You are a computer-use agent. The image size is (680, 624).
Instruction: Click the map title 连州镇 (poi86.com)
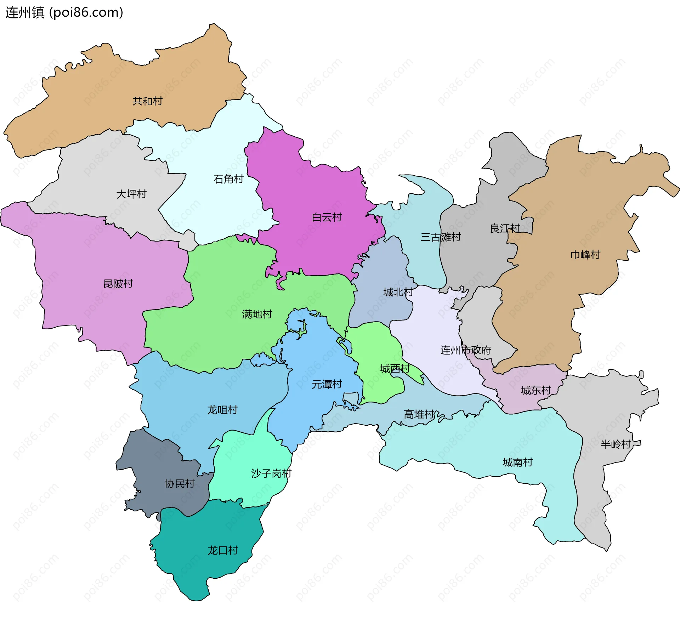pos(64,12)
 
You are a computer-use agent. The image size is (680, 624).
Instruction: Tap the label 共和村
pos(147,101)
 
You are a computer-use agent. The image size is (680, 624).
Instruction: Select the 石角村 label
pos(228,179)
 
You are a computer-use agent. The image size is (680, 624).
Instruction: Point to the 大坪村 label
pos(131,194)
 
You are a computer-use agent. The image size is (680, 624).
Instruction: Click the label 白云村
pos(327,217)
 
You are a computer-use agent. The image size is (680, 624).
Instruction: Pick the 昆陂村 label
pos(118,284)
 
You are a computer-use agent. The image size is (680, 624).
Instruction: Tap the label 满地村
pos(257,314)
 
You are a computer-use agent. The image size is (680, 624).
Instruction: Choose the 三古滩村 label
pos(441,237)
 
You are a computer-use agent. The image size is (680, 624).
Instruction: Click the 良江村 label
pos(505,228)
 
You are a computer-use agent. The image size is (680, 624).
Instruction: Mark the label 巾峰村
pos(585,255)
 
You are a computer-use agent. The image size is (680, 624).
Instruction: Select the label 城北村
pos(398,292)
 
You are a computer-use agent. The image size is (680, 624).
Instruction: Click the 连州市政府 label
pos(465,350)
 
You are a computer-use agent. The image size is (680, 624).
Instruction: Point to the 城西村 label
pos(395,369)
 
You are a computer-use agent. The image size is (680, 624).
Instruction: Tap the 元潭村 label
pos(327,384)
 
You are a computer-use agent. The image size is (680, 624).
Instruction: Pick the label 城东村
pos(536,391)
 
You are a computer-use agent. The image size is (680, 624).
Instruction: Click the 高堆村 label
pos(419,414)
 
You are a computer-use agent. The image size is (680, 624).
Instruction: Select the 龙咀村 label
pos(222,410)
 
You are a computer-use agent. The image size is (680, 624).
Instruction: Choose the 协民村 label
pos(180,483)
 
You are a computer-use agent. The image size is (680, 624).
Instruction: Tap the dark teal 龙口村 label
pos(222,550)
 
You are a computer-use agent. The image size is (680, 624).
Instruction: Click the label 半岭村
pos(616,444)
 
